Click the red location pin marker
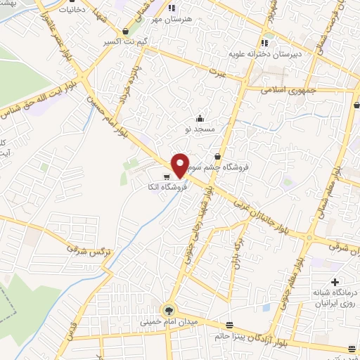coord(180,165)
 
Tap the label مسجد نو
coord(197,129)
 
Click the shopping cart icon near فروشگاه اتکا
coord(167,177)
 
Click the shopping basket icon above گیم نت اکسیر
coord(125,32)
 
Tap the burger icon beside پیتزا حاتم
coord(229,324)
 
